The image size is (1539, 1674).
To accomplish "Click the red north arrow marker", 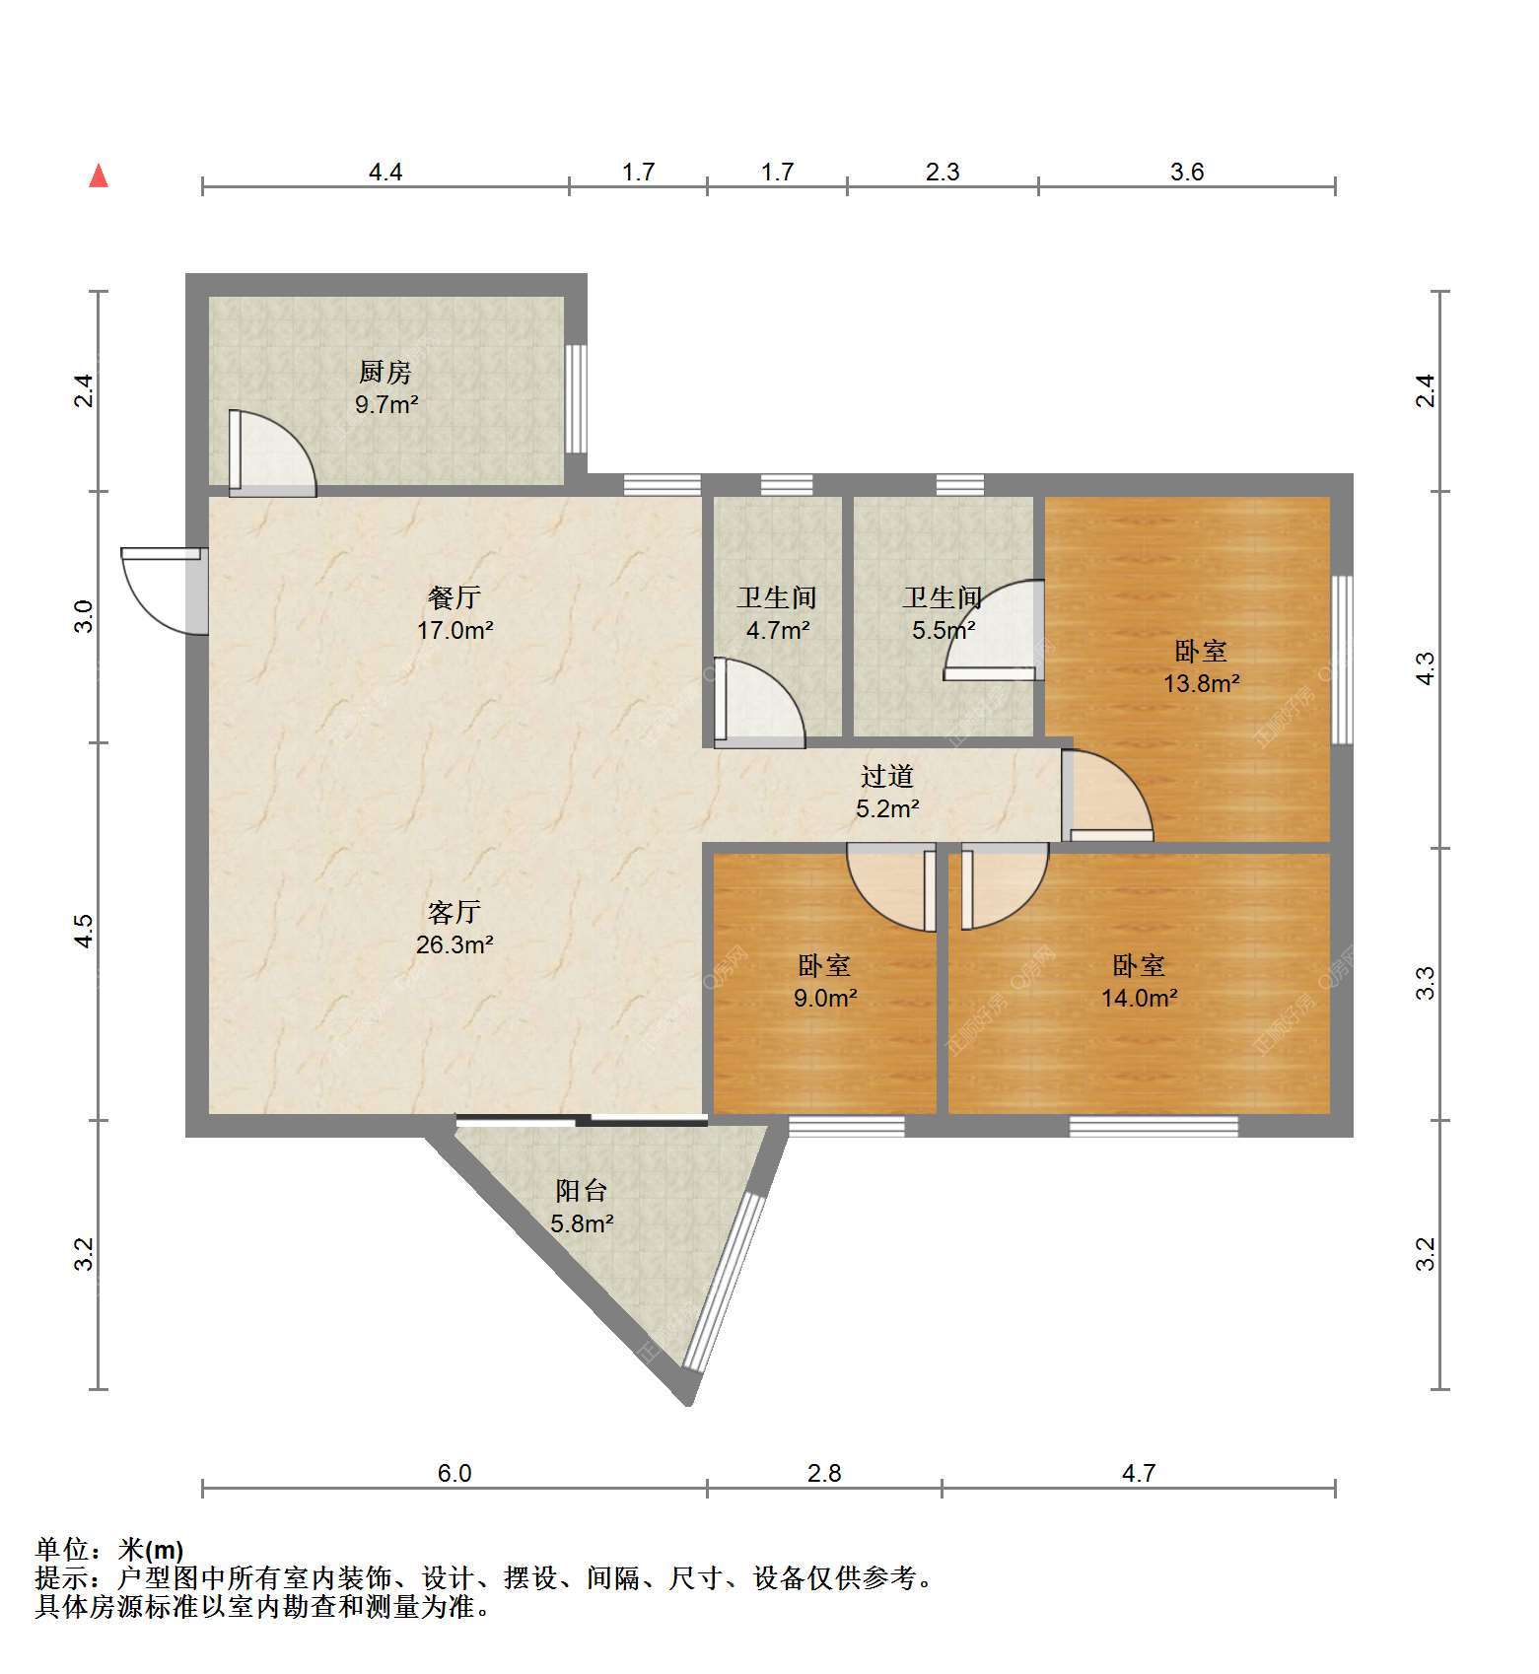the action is click(99, 175).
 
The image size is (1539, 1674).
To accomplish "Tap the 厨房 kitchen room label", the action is click(385, 372).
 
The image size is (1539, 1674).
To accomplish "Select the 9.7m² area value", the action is click(386, 404).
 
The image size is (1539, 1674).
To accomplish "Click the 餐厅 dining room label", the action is click(455, 596).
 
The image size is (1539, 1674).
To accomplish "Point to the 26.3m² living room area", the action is click(455, 944).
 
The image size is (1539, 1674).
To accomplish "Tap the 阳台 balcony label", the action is click(581, 1191).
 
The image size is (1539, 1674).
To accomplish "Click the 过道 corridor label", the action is click(887, 776).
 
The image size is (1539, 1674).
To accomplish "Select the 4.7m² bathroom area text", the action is click(778, 630).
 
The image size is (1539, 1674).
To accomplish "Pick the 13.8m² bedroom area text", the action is click(1201, 682).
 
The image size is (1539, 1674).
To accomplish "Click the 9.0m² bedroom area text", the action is click(825, 998).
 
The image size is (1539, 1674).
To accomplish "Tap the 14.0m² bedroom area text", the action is click(1139, 998).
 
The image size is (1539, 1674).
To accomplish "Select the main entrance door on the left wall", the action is click(164, 591).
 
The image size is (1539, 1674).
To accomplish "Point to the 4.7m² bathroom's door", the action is click(759, 702).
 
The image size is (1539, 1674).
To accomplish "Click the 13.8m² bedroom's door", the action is click(1106, 796).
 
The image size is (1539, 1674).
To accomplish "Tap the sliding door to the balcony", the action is click(582, 1119).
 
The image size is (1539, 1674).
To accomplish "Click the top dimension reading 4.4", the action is click(385, 172).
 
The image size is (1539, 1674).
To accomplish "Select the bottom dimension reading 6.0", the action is click(455, 1473).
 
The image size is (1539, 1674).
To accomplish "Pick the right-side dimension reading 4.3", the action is click(1426, 669).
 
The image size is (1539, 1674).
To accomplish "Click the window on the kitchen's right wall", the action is click(576, 398).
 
